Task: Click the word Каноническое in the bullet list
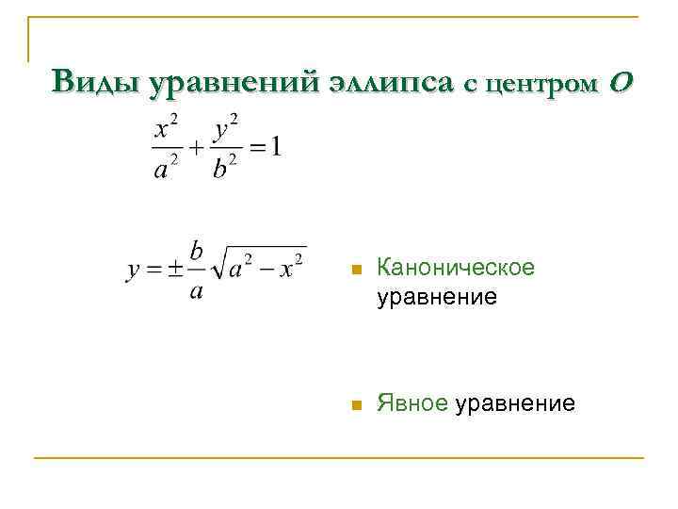pyautogui.click(x=455, y=268)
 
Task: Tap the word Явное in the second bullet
pyautogui.click(x=412, y=404)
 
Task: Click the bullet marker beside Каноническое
pyautogui.click(x=354, y=271)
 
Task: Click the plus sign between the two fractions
pyautogui.click(x=196, y=148)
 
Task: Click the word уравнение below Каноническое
pyautogui.click(x=436, y=298)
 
